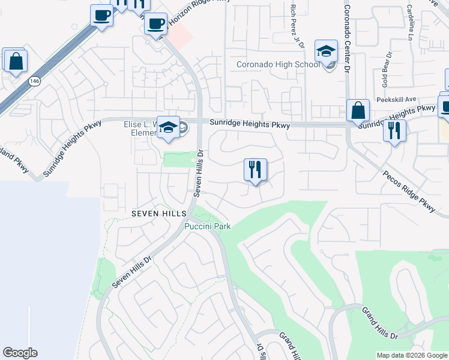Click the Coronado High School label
click(x=277, y=64)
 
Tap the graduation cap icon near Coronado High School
click(x=326, y=52)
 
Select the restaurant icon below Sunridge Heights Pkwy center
click(x=256, y=170)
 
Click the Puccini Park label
click(x=207, y=226)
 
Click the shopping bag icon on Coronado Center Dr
click(x=358, y=110)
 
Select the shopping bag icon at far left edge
click(x=15, y=61)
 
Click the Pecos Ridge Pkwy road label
click(x=409, y=190)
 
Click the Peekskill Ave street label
click(x=396, y=100)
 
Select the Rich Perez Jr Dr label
click(x=295, y=25)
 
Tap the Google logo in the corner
click(x=20, y=353)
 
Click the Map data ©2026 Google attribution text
click(x=411, y=355)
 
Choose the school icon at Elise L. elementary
click(x=169, y=128)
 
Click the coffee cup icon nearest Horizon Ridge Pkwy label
click(x=156, y=23)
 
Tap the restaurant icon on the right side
click(x=394, y=131)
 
